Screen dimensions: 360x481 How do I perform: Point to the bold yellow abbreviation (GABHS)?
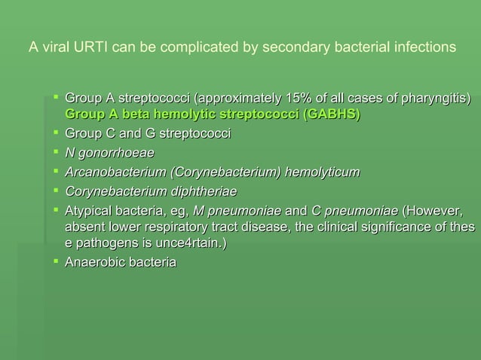pyautogui.click(x=330, y=115)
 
